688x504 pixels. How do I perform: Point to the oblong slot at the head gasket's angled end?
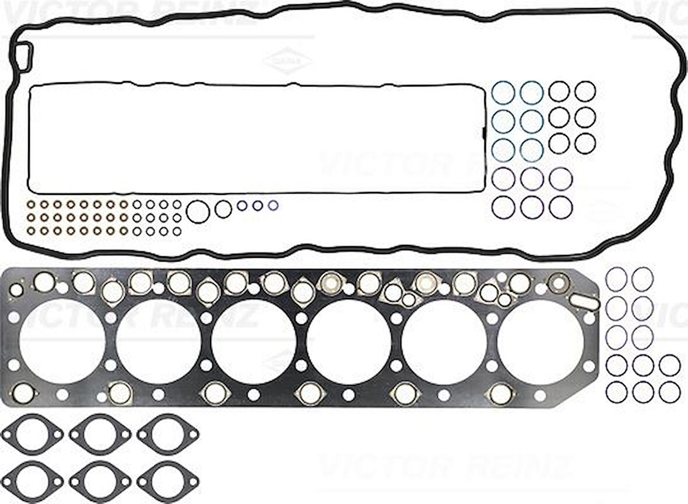(585, 302)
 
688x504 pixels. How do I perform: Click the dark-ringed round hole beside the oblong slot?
(559, 283)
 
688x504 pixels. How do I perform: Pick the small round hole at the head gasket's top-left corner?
(16, 290)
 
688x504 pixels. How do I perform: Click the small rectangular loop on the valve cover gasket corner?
(23, 57)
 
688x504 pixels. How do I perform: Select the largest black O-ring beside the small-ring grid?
(198, 212)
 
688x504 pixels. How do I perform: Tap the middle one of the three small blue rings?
(257, 206)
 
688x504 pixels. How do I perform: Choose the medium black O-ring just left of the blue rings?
(223, 208)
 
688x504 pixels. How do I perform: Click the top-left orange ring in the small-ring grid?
(31, 204)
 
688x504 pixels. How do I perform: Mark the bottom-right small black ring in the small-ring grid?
(177, 231)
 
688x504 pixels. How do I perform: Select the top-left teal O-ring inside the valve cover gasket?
(503, 92)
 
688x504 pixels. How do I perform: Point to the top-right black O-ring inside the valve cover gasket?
(585, 90)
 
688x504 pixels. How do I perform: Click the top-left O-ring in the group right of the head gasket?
(616, 278)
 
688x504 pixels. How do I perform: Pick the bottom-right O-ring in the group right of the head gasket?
(670, 391)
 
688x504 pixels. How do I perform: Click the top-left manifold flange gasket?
(32, 434)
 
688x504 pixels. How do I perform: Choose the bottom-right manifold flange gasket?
(168, 481)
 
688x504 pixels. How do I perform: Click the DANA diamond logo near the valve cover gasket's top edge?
(287, 61)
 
